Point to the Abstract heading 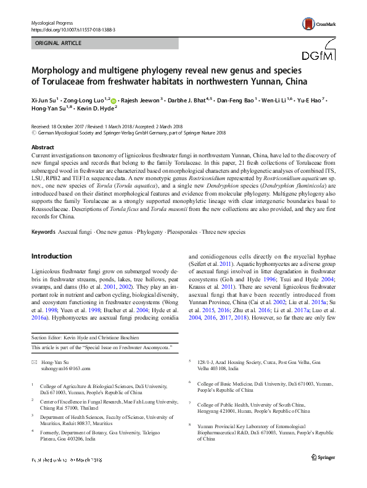pyautogui.click(x=42, y=148)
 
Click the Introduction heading pyautogui.click(x=51, y=255)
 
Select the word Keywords pyautogui.click(x=43, y=231)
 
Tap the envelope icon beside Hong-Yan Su pyautogui.click(x=35, y=362)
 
